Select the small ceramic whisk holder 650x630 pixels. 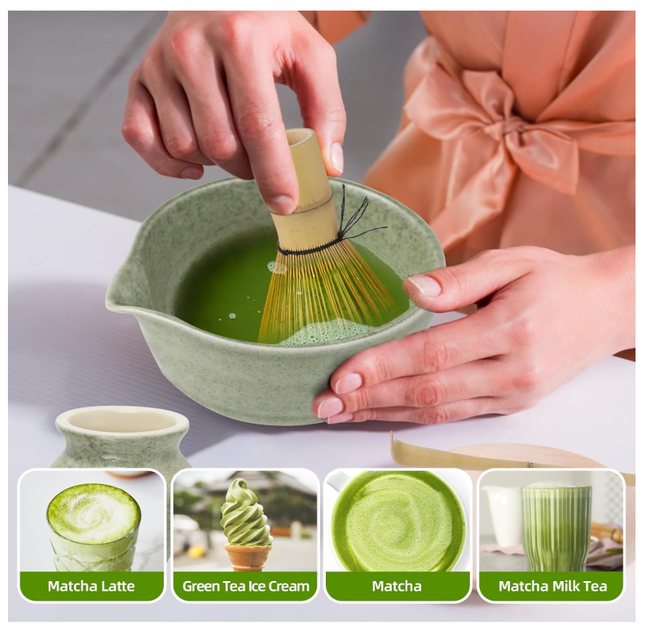pos(121,439)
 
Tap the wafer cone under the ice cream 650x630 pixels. pos(247,557)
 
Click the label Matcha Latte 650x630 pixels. pos(91,586)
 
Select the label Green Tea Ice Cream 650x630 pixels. pos(245,586)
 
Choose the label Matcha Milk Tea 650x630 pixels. pos(552,586)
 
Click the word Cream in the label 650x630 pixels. pos(288,586)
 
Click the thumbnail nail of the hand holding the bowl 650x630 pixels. pos(424,286)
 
